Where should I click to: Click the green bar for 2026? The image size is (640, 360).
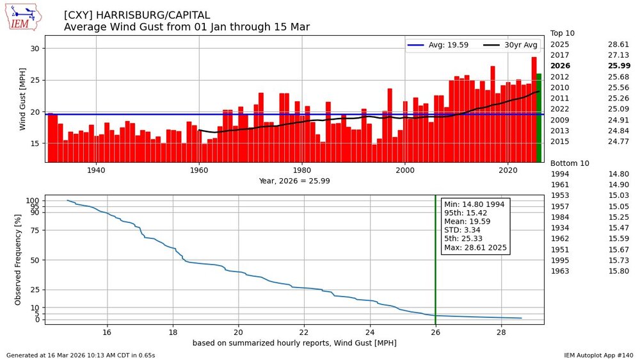(539, 118)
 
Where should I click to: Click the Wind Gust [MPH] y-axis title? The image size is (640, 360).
(23, 99)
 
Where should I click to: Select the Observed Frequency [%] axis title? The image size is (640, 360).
(18, 259)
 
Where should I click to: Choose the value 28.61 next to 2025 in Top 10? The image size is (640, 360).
(618, 44)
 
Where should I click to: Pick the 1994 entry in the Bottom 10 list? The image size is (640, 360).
(560, 174)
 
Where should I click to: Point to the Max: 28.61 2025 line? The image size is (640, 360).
(476, 247)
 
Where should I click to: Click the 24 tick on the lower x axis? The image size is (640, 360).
(370, 332)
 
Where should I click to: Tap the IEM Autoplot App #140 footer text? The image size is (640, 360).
(598, 355)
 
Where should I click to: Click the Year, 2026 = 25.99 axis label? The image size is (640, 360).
(294, 181)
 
